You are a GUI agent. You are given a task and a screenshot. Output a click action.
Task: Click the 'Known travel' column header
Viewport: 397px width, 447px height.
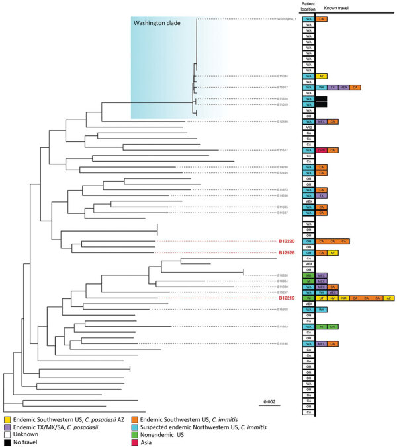coord(336,9)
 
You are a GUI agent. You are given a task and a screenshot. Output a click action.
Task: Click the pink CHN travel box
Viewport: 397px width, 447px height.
coord(322,150)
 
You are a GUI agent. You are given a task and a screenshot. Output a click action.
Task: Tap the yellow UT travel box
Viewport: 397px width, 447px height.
coord(322,298)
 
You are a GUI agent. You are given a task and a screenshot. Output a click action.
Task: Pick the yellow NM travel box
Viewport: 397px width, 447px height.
coord(343,298)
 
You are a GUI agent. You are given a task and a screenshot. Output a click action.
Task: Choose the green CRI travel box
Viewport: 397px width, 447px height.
coord(333,326)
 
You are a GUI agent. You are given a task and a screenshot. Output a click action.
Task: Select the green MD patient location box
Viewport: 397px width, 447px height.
coord(308,275)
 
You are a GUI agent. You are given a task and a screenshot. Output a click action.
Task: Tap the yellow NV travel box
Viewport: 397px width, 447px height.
coord(333,298)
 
